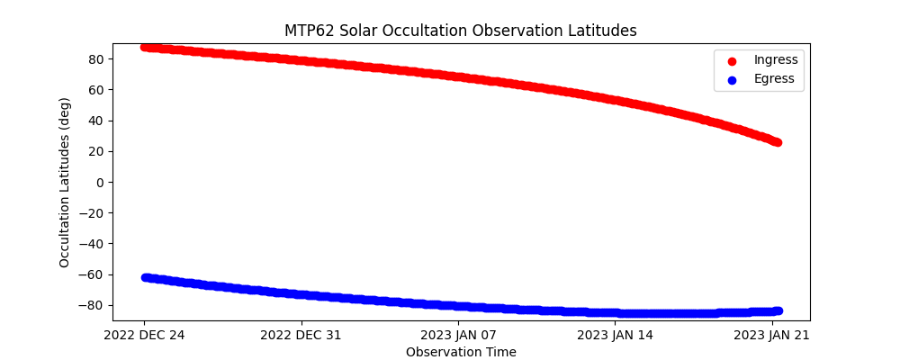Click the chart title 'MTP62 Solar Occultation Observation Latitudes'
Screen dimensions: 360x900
point(461,31)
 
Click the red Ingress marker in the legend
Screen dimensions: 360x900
point(730,60)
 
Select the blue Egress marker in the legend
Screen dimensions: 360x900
point(730,79)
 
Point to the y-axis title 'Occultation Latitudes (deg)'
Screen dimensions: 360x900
point(65,182)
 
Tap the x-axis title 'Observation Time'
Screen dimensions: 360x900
point(461,352)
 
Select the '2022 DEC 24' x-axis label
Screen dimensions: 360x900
point(145,336)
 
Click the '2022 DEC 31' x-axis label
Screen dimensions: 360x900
point(301,336)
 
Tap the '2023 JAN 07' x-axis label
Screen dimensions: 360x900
point(459,336)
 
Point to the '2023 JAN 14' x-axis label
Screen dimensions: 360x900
point(616,336)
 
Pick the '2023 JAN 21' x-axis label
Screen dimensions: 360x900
point(773,336)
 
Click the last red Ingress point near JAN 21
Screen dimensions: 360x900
point(777,142)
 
